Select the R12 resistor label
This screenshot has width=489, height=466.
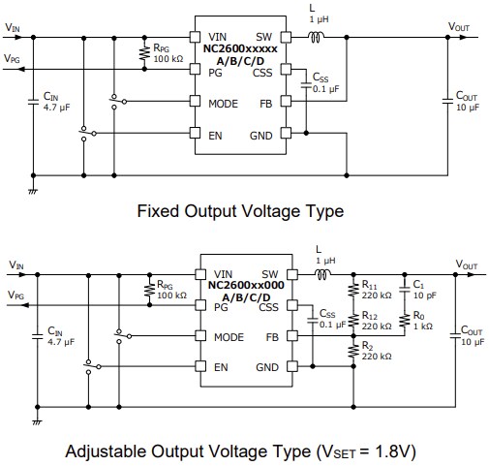tap(376, 321)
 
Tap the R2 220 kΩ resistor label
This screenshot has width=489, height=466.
tap(376, 352)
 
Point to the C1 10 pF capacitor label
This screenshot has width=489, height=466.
tap(421, 290)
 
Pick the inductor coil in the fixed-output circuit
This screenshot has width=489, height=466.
tap(317, 38)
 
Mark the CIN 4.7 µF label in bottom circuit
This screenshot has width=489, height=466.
tap(57, 336)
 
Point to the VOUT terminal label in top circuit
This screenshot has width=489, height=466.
tap(460, 27)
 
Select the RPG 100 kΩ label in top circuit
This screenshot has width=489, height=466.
tap(168, 51)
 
